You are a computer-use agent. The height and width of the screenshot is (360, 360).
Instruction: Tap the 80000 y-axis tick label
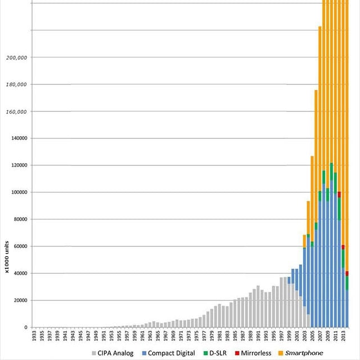[x=18, y=219]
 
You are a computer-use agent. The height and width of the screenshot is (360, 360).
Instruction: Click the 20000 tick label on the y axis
[x=18, y=300]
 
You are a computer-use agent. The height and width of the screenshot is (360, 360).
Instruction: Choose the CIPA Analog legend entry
[x=114, y=353]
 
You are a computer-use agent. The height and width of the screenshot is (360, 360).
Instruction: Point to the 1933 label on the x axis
[x=34, y=336]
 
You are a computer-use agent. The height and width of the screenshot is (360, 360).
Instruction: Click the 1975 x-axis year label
[x=196, y=336]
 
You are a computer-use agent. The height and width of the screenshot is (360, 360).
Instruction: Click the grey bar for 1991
[x=258, y=307]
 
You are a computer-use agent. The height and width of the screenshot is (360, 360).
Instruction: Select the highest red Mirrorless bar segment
[x=339, y=194]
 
